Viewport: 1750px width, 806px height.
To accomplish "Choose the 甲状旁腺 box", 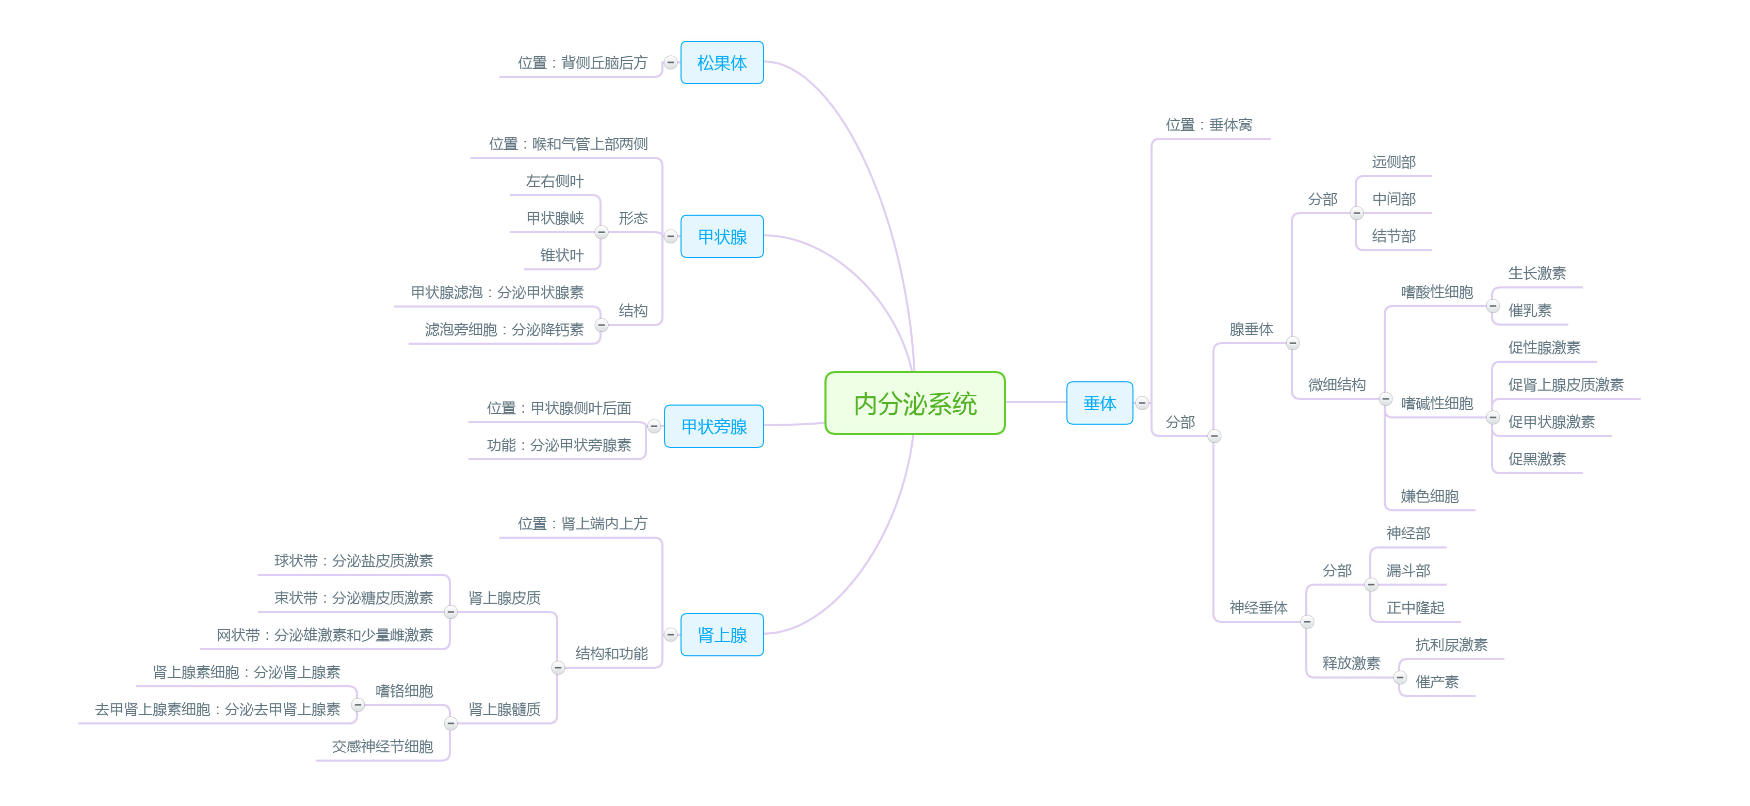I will (x=714, y=426).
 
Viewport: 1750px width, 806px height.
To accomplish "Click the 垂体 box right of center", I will (x=1099, y=403).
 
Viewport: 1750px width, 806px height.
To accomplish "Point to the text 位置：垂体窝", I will (x=1209, y=125).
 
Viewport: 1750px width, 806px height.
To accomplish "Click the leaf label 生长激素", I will (x=1537, y=273).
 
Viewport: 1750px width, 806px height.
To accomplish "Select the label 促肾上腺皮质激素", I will (x=1565, y=384).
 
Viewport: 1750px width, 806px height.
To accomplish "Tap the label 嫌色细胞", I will (x=1429, y=496).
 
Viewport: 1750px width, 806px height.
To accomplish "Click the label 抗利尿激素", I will (x=1451, y=644).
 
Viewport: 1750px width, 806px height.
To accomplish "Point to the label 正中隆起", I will (x=1415, y=607).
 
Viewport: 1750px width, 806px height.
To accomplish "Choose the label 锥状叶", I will (x=561, y=255).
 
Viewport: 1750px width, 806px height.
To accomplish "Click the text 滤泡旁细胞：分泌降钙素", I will (x=504, y=330).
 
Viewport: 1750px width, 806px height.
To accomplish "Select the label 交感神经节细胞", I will (x=382, y=746).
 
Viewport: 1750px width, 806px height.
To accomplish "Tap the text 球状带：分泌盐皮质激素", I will (x=353, y=561).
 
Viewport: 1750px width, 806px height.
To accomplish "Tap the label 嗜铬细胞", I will (x=404, y=690).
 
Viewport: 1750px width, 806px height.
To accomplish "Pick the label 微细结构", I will (x=1336, y=384).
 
